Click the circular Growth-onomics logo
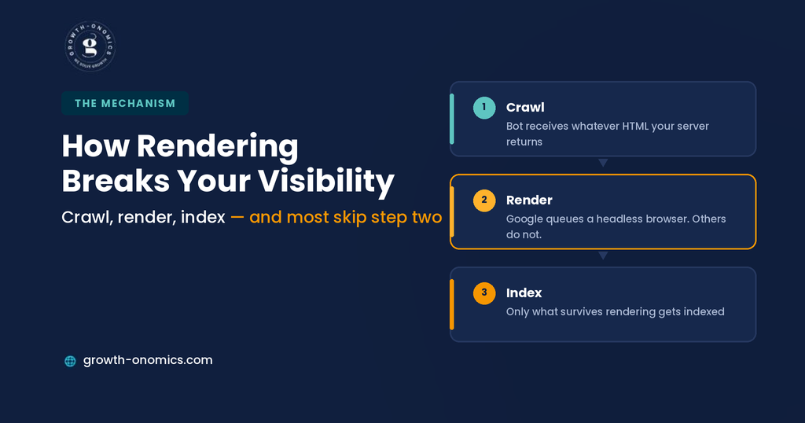(90, 46)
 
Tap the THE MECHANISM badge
(125, 103)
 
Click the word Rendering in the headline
(217, 146)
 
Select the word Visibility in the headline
(326, 181)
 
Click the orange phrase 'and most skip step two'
(346, 217)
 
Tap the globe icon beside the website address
(70, 361)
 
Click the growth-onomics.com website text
(148, 360)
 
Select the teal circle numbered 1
(484, 108)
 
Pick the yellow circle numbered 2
(484, 200)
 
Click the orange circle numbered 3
(484, 293)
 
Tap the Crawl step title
(525, 107)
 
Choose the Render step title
(529, 200)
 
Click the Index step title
(524, 292)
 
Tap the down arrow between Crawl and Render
(603, 163)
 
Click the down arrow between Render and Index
(603, 255)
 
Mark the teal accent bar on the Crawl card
(452, 119)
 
